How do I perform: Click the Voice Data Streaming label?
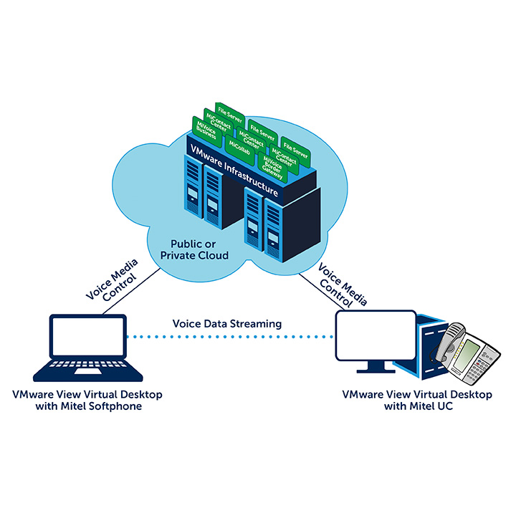click(x=227, y=324)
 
